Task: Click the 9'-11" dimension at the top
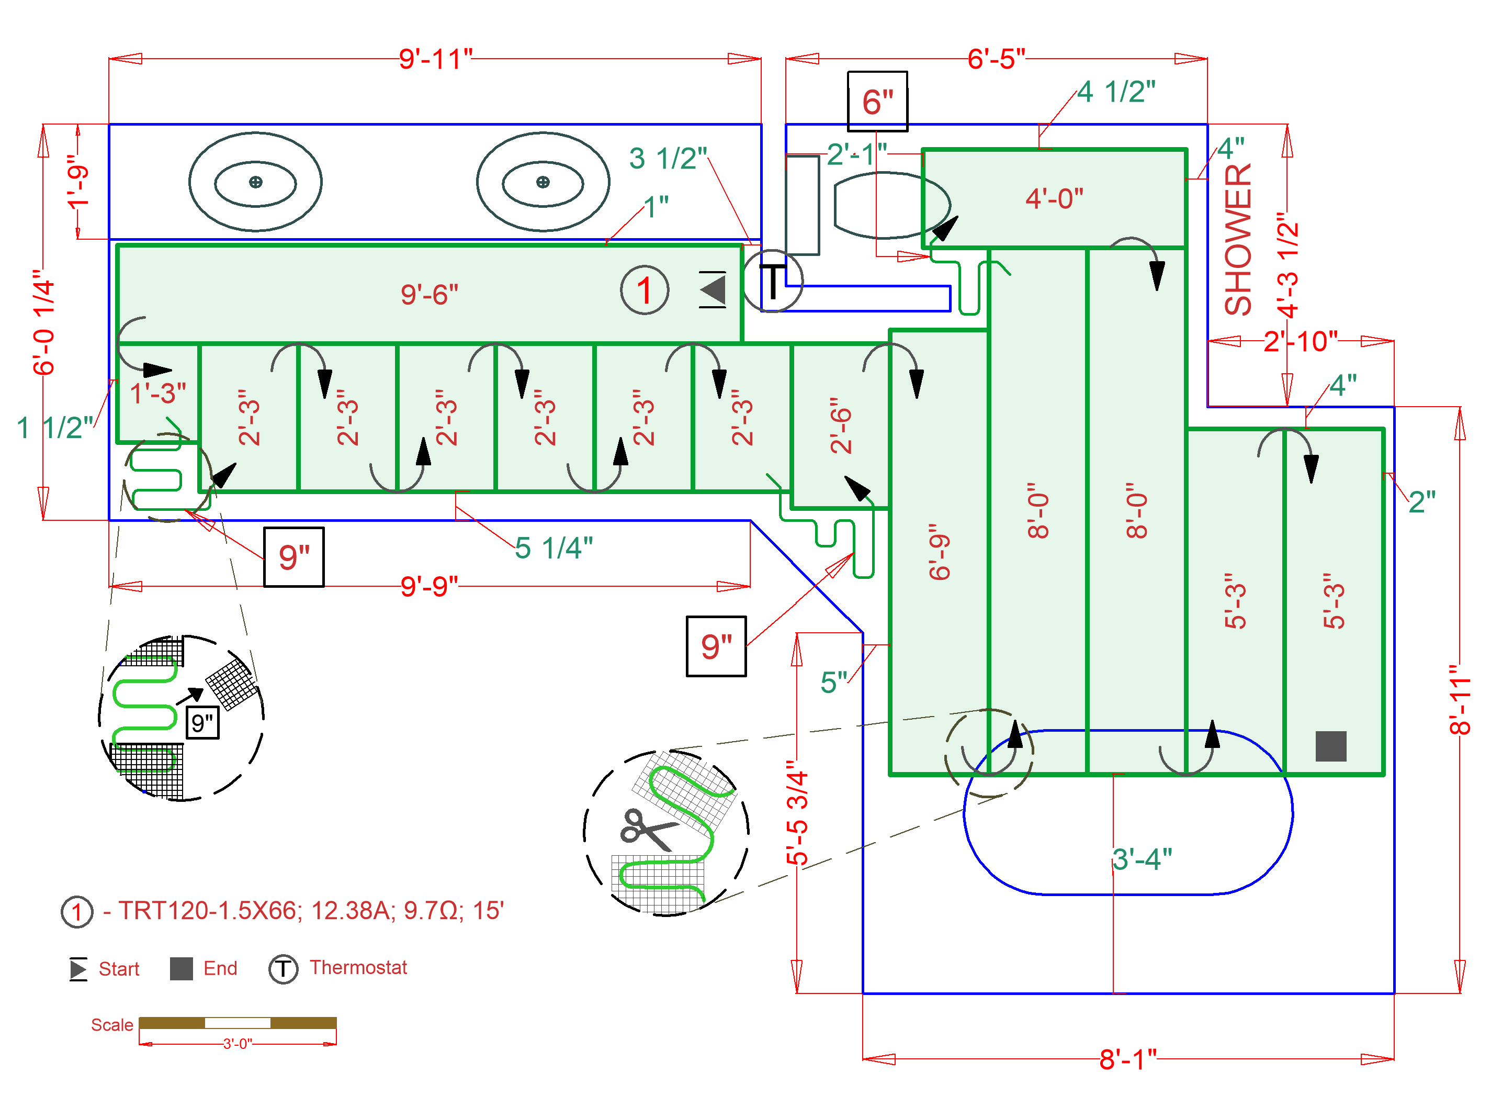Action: point(435,59)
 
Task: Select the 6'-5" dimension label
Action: point(996,59)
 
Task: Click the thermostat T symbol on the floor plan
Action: point(773,281)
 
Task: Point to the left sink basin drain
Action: point(255,182)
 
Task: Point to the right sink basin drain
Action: point(543,182)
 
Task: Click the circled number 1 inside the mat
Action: point(645,290)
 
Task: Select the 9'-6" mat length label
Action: point(430,295)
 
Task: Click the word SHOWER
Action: point(1238,239)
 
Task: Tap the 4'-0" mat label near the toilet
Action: point(1054,199)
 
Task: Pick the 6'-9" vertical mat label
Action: point(939,552)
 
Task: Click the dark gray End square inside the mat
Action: point(1330,746)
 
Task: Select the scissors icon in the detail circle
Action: point(648,830)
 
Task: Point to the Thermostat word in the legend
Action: point(358,968)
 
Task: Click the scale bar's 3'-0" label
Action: point(238,1044)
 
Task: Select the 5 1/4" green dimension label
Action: point(554,548)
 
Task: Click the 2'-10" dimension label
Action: point(1300,342)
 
